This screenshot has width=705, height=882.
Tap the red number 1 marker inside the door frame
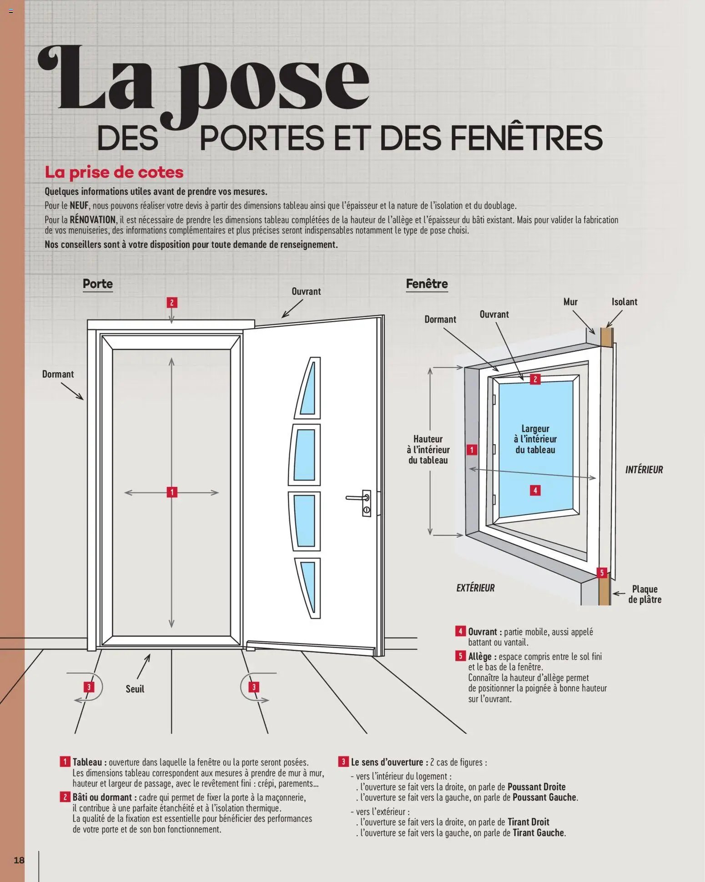(x=172, y=492)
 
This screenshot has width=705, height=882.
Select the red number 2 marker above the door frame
(x=171, y=303)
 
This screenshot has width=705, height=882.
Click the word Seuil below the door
(x=135, y=689)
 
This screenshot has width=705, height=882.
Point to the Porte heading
(x=97, y=284)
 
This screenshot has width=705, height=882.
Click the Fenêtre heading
(x=427, y=284)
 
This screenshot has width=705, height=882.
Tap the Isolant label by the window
(x=624, y=302)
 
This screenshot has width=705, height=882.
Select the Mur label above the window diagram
(x=570, y=302)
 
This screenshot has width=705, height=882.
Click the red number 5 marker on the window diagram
(x=602, y=573)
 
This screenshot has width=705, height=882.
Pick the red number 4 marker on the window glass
(x=535, y=490)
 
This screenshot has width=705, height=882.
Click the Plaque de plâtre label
(x=645, y=594)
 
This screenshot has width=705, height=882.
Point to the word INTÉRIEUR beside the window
(x=644, y=470)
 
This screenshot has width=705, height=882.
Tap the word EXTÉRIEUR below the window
(x=475, y=588)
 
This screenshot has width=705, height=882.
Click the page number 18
(x=19, y=860)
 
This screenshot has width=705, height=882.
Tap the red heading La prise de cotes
(x=114, y=172)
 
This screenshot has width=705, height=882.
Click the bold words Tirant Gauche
(x=538, y=833)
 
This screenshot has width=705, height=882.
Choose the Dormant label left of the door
(x=58, y=374)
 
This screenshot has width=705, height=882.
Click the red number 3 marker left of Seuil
(x=89, y=687)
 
